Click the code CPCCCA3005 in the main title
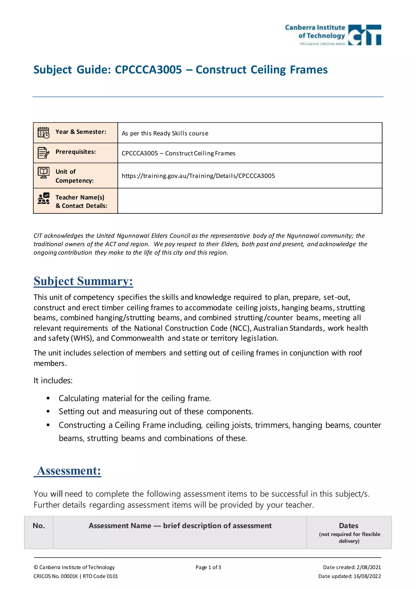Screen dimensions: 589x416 (148, 70)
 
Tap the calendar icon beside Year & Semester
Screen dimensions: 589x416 (43, 133)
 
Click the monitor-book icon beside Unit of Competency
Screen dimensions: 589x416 (43, 173)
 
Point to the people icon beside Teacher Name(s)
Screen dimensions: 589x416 (43, 198)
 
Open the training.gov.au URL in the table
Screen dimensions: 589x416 (198, 176)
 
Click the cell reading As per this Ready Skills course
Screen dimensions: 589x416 (165, 133)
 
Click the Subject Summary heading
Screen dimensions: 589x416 (83, 281)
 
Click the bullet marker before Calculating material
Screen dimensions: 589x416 (48, 398)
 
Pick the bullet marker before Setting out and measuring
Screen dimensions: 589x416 (48, 411)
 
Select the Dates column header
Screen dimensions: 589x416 (349, 526)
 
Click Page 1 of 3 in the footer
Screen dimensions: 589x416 (208, 567)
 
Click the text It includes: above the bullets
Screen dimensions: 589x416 (53, 381)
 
